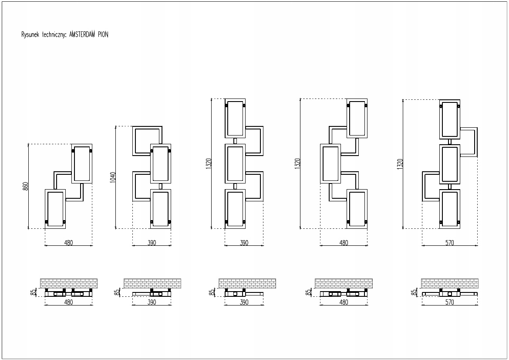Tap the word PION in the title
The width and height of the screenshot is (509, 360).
[x=103, y=35]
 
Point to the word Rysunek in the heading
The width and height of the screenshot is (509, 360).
[x=29, y=35]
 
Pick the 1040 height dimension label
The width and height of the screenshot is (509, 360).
[x=113, y=177]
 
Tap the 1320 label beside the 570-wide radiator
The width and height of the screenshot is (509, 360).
[x=400, y=163]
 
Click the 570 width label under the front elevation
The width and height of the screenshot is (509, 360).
[x=449, y=243]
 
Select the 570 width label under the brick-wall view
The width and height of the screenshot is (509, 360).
[x=449, y=302]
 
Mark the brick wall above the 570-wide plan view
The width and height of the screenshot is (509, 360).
[x=449, y=283]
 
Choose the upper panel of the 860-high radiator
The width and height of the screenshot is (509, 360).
[x=82, y=163]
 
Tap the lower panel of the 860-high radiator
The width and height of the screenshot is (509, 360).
[x=55, y=209]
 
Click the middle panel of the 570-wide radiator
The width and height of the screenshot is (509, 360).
[x=450, y=164]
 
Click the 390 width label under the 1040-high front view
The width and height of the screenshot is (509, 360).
[x=152, y=243]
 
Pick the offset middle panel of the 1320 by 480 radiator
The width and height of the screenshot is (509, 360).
[x=330, y=164]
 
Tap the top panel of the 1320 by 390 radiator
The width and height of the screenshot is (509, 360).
[x=235, y=118]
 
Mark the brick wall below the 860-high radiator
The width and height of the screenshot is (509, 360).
[x=68, y=283]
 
